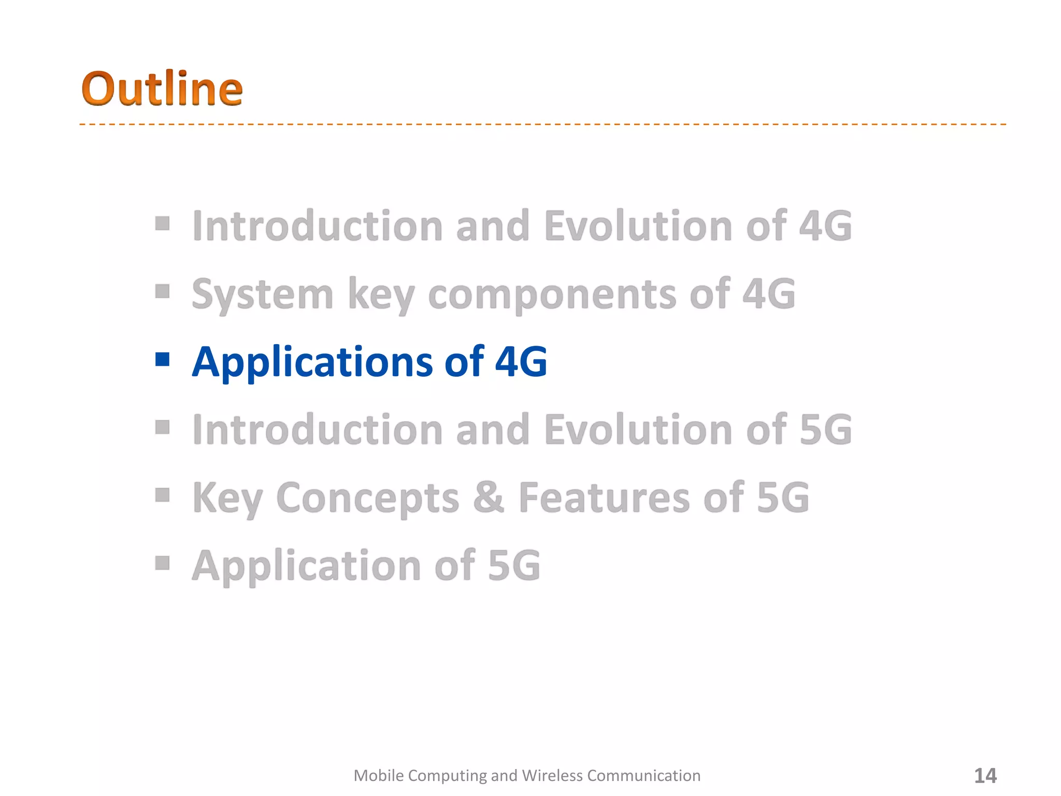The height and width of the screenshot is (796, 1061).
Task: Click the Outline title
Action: point(162,89)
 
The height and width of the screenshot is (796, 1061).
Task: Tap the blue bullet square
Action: point(163,359)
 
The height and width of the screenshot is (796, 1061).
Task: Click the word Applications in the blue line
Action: point(312,362)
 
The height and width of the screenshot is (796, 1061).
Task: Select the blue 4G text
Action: point(521,361)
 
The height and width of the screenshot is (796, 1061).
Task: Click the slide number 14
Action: point(985,776)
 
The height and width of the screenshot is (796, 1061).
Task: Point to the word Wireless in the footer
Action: point(552,776)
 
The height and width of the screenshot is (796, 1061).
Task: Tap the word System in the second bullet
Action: point(262,294)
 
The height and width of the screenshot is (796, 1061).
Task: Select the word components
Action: point(552,294)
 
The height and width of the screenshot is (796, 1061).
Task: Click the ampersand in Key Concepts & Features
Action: point(488,497)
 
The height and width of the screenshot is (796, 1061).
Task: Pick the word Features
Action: point(605,497)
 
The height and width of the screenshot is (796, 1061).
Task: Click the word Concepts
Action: point(368,498)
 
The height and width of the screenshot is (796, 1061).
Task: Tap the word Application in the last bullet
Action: point(306,565)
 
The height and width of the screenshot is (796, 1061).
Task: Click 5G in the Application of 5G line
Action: point(514,565)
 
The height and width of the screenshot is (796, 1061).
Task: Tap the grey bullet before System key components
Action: point(163,291)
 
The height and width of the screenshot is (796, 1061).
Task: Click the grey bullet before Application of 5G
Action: point(163,562)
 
